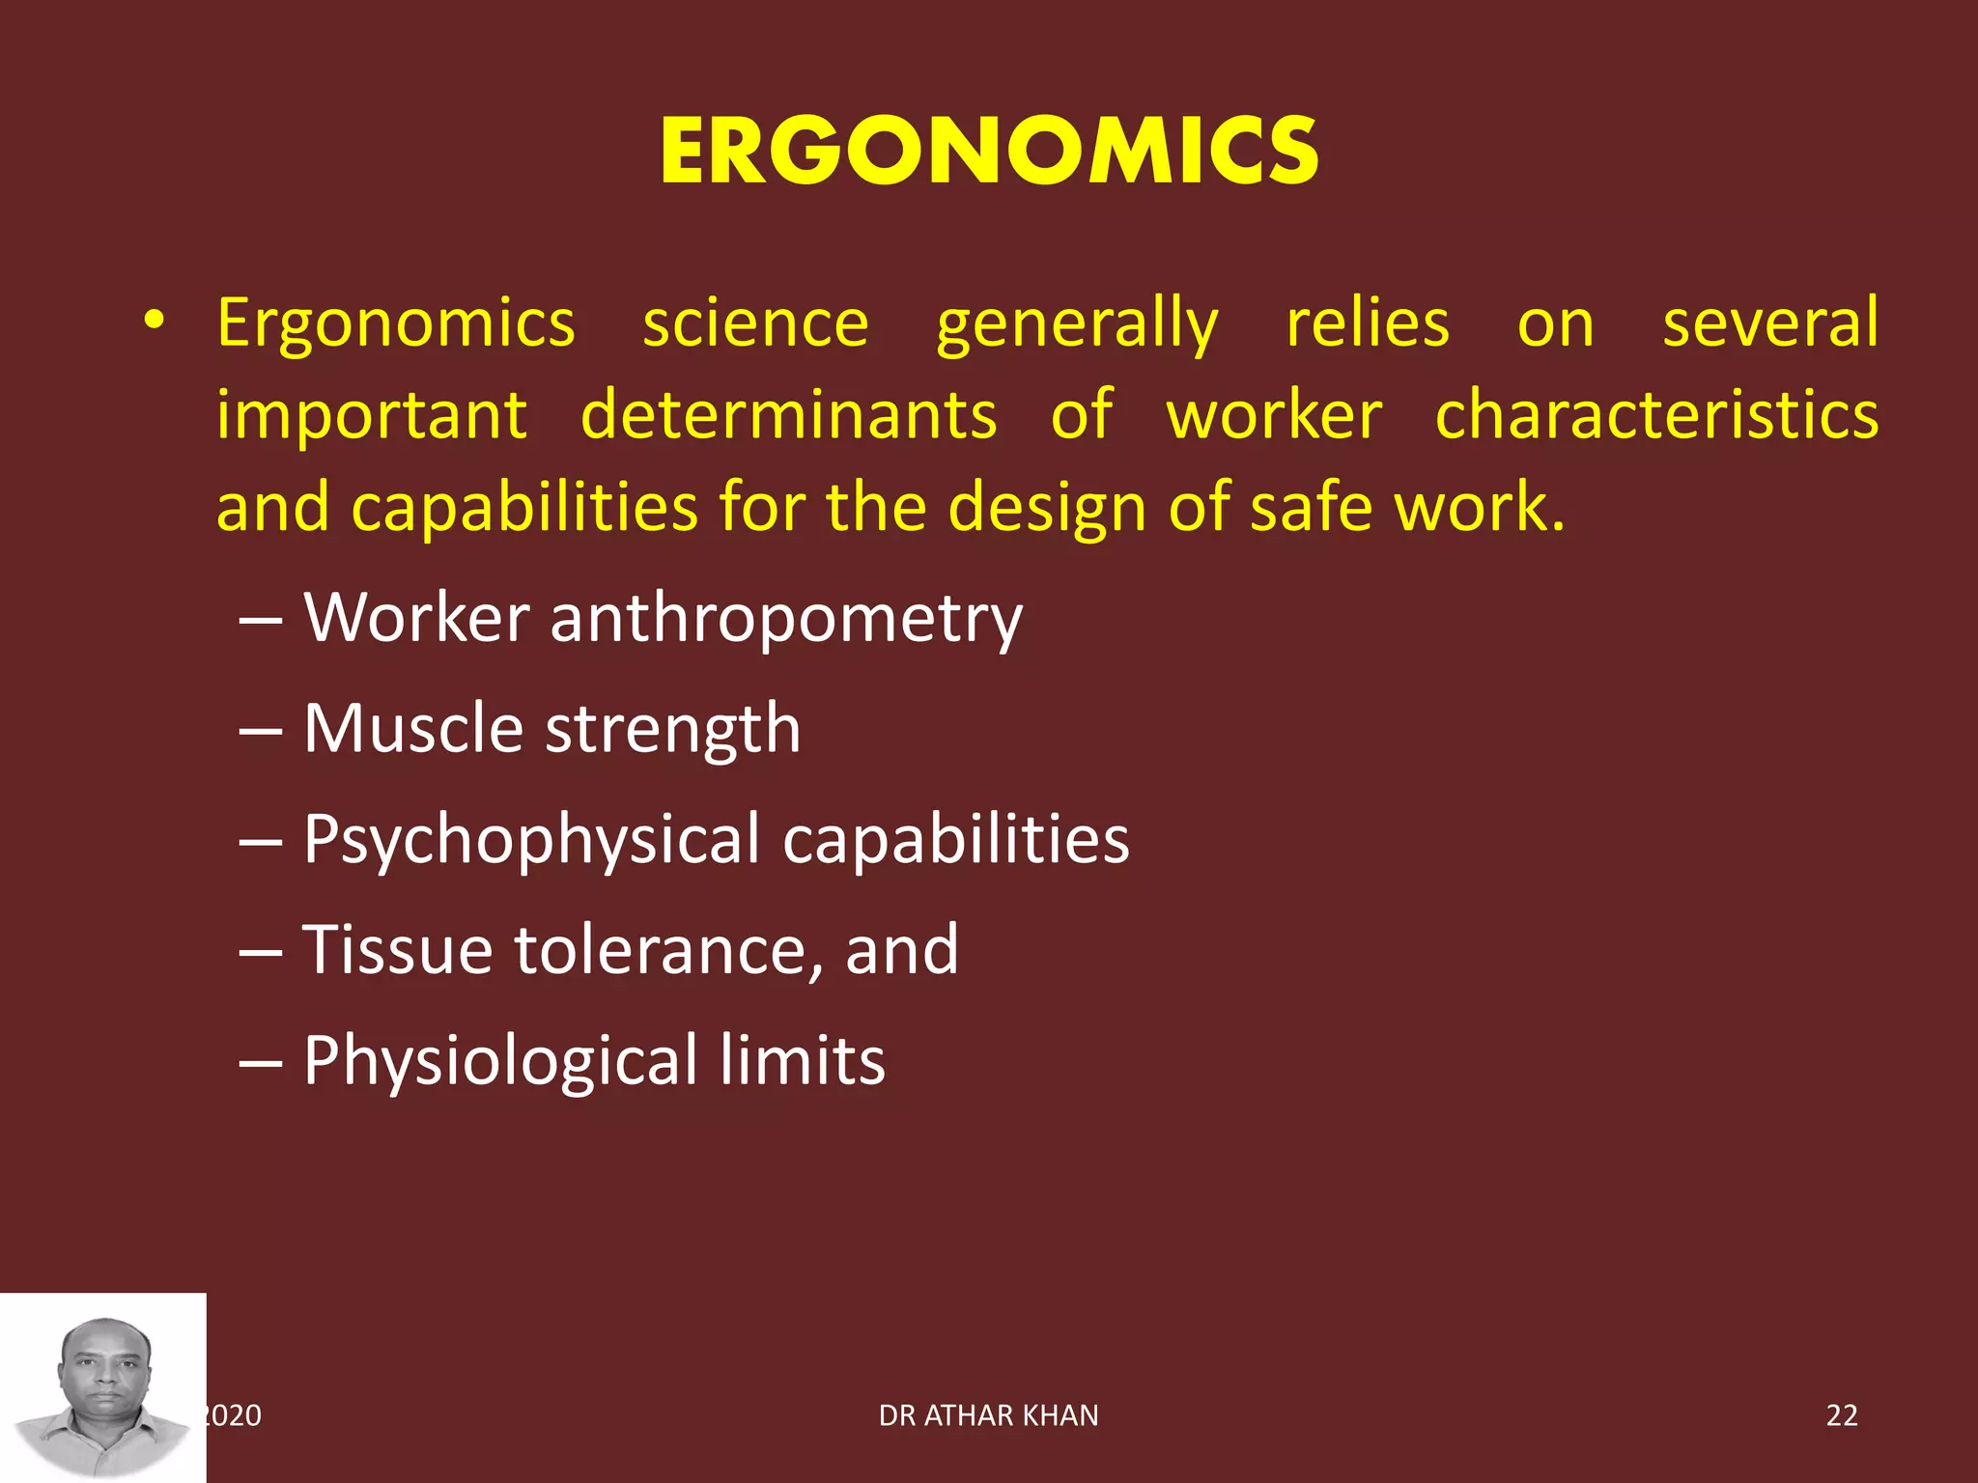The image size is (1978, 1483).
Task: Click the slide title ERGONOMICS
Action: click(x=989, y=152)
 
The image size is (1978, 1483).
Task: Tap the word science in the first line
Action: click(x=755, y=323)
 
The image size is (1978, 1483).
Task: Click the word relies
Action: click(x=1368, y=323)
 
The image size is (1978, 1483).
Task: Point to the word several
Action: click(x=1769, y=323)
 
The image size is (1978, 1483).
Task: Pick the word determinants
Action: click(x=788, y=415)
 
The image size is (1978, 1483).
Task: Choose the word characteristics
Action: click(x=1656, y=415)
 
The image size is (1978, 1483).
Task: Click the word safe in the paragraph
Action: click(x=1311, y=507)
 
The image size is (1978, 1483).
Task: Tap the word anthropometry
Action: click(x=785, y=619)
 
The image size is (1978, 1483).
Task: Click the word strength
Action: click(x=673, y=730)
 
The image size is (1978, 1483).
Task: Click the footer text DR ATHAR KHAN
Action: click(x=988, y=1415)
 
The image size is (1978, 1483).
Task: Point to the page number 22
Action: click(x=1841, y=1415)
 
